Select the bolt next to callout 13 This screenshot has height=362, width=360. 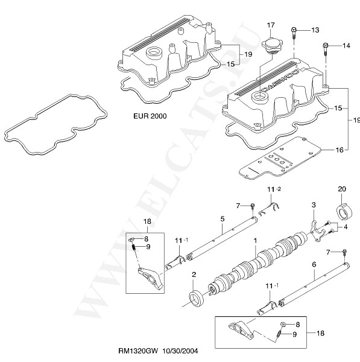(x=294, y=33)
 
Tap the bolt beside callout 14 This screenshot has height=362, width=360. (x=326, y=49)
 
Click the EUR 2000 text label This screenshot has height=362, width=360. (x=150, y=116)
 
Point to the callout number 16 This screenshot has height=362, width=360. (x=339, y=150)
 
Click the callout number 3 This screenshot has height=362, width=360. (x=314, y=205)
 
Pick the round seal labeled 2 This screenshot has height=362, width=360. (x=197, y=297)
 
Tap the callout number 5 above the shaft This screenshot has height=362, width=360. (x=223, y=218)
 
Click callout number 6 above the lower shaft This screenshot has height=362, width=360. (x=314, y=264)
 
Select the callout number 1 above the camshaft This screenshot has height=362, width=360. (x=255, y=240)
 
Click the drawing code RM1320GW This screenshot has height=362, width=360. (x=138, y=351)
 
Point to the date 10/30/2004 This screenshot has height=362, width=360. (x=180, y=351)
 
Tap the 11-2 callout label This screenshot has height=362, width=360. (x=274, y=189)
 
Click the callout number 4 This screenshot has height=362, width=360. (x=346, y=227)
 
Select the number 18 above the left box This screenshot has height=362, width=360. (x=147, y=221)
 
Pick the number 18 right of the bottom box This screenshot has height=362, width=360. (x=320, y=333)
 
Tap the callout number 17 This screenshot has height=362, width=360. (x=271, y=25)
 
